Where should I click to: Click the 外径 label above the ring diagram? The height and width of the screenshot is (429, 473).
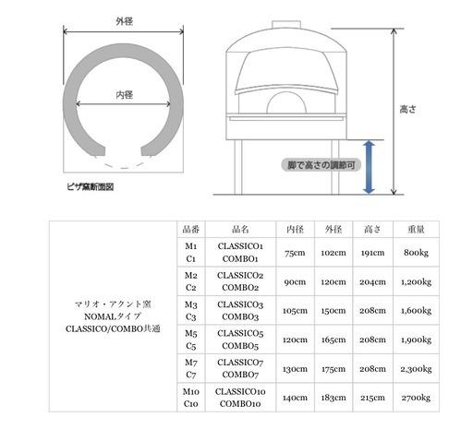click(x=125, y=21)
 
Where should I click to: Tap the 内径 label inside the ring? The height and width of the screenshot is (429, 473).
click(x=125, y=95)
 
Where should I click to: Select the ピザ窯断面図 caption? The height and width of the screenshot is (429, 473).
click(x=91, y=186)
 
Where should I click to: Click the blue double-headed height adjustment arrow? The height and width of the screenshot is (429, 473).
click(x=369, y=167)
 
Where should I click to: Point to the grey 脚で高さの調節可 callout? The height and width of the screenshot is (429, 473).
click(x=321, y=165)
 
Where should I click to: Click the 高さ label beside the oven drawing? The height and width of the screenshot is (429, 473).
click(x=407, y=109)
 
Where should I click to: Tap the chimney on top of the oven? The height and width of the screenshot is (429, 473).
click(x=286, y=25)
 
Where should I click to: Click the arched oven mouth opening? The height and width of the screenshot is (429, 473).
click(x=286, y=103)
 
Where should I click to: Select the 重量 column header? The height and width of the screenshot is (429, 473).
click(x=416, y=229)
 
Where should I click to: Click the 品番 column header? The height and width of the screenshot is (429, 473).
click(x=191, y=229)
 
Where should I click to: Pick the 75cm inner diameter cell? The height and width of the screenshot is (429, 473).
click(x=295, y=253)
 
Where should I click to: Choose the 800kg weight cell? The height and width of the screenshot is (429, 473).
click(x=416, y=253)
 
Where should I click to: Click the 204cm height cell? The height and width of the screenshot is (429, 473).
click(x=372, y=281)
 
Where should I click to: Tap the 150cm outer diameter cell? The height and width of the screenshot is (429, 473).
click(x=334, y=311)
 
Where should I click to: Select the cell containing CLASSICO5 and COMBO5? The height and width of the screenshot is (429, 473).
click(x=240, y=340)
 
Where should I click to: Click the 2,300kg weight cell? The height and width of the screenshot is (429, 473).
click(x=416, y=369)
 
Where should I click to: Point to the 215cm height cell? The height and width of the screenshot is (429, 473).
click(x=372, y=398)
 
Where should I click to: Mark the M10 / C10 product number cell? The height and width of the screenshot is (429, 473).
click(x=191, y=398)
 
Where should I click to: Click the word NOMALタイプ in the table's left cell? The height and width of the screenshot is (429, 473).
click(x=113, y=316)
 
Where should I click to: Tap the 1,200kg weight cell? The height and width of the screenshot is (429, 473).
click(x=416, y=281)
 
